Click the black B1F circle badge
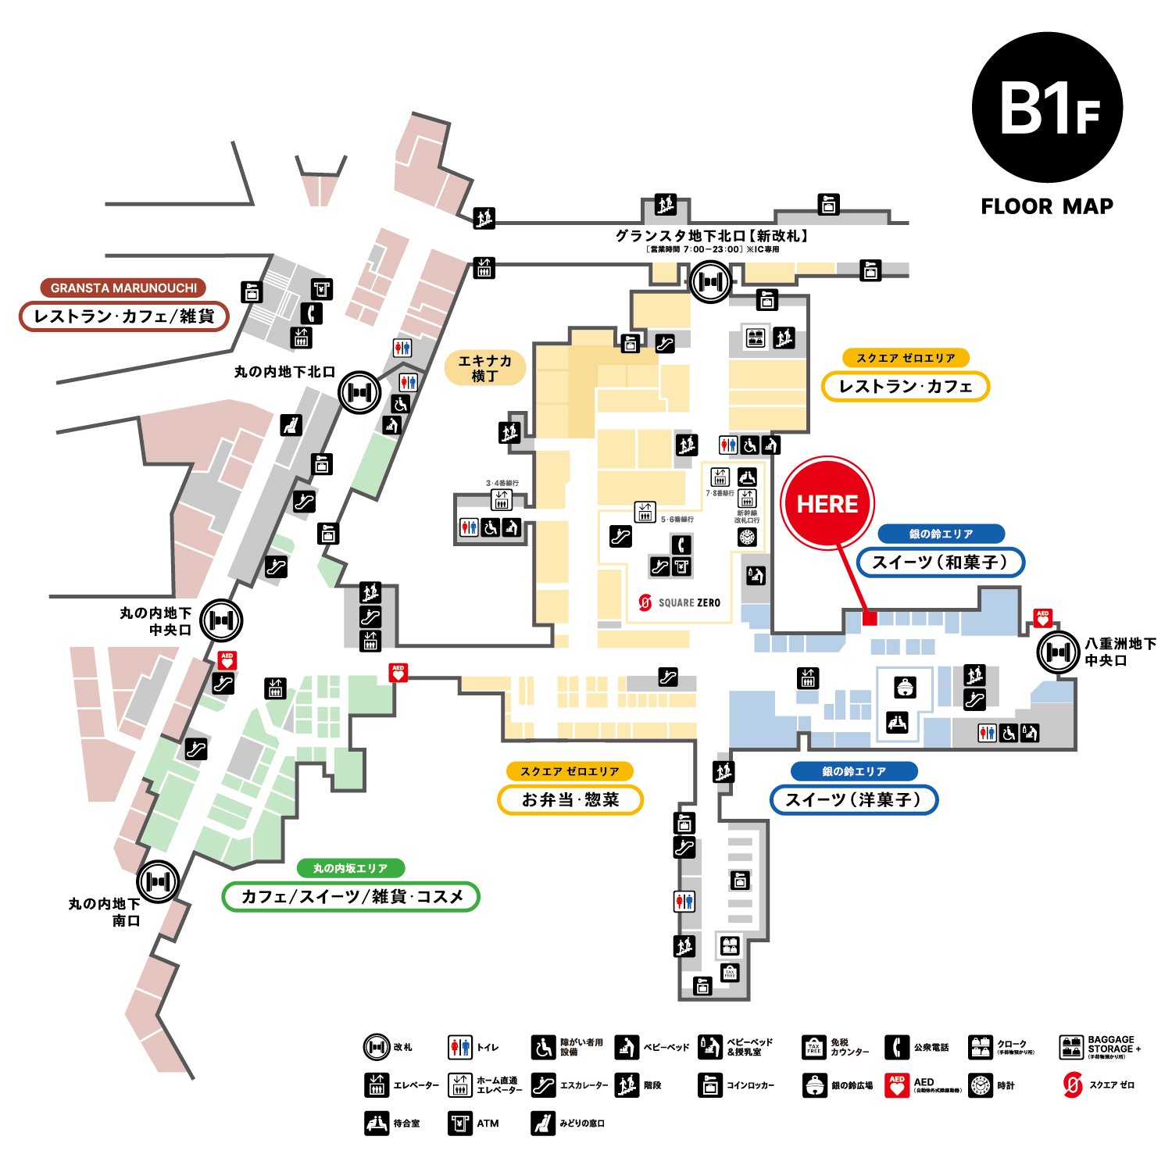(x=1047, y=108)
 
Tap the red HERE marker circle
(x=827, y=503)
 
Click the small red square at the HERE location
(x=869, y=618)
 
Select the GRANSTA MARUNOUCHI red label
(x=123, y=288)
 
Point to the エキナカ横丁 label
(x=484, y=368)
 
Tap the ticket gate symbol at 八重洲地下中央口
(x=1058, y=652)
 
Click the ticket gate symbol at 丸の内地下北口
(x=359, y=392)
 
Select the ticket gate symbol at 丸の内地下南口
(x=158, y=881)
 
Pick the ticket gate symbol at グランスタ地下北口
(x=710, y=281)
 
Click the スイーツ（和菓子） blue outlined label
(x=940, y=562)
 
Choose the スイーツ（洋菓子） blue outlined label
(x=853, y=799)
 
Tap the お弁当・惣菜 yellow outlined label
(x=570, y=799)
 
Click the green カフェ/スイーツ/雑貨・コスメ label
(x=351, y=896)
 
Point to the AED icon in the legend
(x=897, y=1085)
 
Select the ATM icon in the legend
(x=460, y=1123)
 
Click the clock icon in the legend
(x=981, y=1085)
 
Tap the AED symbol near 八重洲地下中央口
(x=1042, y=618)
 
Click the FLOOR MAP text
(x=1047, y=206)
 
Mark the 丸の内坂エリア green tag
(x=351, y=868)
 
